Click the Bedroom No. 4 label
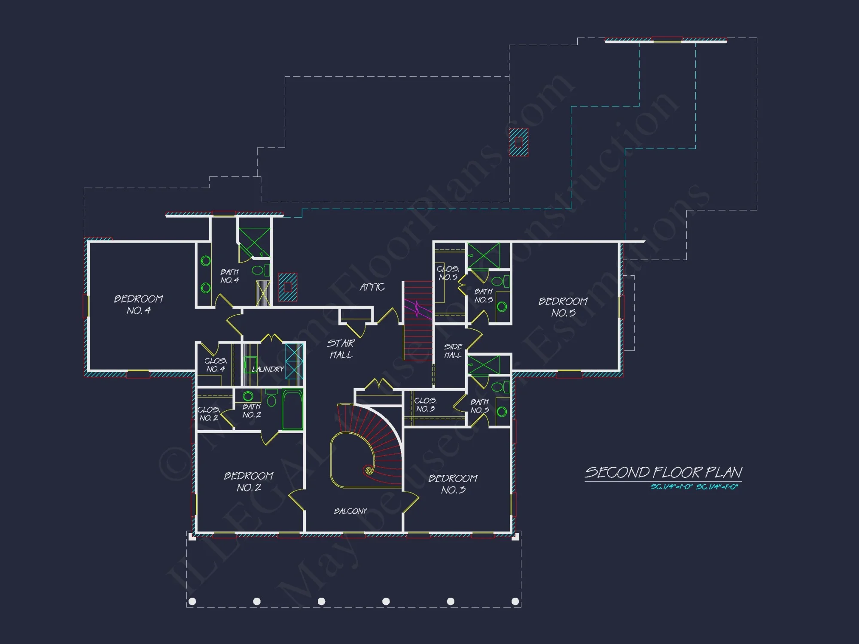(138, 304)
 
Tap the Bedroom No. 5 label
(563, 307)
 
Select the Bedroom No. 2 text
(249, 482)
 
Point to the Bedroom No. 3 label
(453, 484)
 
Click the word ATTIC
(372, 287)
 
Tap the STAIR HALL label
(341, 349)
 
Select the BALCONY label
(350, 511)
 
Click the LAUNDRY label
(268, 369)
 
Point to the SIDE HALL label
(453, 351)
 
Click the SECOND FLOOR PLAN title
(663, 473)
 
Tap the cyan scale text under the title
(694, 487)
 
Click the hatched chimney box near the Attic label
(288, 287)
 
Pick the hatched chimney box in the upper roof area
(518, 142)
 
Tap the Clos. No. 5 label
(448, 273)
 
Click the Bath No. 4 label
(229, 276)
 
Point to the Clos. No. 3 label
(425, 404)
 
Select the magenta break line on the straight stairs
(417, 309)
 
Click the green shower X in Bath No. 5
(484, 255)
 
